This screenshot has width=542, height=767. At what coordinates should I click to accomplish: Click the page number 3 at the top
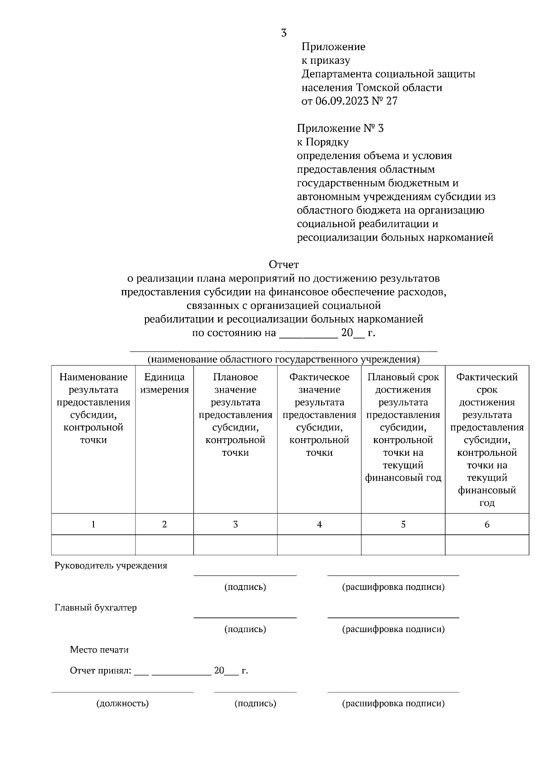coord(284,33)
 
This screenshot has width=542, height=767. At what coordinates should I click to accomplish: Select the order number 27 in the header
coord(392,101)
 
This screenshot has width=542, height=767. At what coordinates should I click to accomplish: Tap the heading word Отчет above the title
coord(284,264)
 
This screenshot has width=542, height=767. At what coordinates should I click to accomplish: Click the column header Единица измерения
coord(164,383)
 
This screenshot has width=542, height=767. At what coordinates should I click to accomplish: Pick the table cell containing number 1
coord(93,524)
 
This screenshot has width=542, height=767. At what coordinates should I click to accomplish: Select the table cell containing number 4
coord(319,524)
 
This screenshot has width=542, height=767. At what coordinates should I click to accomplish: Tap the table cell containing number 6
coord(487,524)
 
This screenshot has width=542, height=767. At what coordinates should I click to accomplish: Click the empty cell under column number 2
coord(164,545)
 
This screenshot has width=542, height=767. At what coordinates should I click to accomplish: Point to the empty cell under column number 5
coord(403,545)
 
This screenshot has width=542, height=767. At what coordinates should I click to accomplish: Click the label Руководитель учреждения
coord(111,566)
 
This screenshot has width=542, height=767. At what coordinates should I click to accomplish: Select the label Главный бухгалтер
coord(96,608)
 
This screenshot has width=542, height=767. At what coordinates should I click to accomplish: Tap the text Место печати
coord(99,650)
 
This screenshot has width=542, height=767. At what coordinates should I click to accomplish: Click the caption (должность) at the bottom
coord(122,703)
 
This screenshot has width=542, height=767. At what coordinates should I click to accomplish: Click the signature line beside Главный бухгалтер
coord(245,617)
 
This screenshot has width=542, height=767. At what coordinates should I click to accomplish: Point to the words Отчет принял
coord(100,671)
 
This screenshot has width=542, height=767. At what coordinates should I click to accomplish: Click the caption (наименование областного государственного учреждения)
coord(284,360)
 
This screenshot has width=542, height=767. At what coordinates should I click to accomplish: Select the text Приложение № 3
coord(340,129)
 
